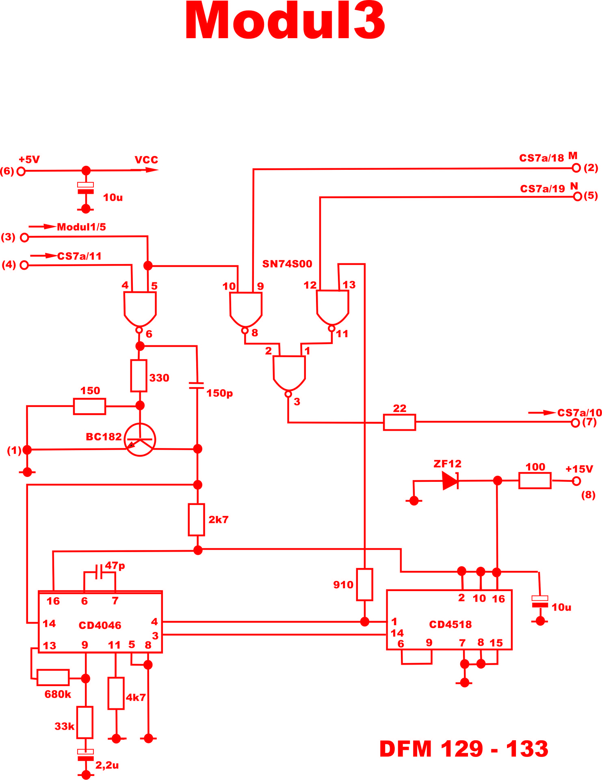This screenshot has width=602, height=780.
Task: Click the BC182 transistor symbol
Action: (140, 440)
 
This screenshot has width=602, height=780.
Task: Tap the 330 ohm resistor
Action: (139, 376)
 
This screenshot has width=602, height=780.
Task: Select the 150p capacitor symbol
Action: (197, 386)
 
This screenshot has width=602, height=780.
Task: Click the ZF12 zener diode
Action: (450, 481)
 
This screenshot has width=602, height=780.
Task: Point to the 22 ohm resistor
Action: (399, 422)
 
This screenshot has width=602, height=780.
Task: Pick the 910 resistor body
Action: (364, 585)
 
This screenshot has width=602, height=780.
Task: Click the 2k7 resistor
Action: (197, 520)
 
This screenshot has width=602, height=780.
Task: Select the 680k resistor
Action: (53, 678)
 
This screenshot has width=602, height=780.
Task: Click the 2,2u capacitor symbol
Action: (85, 755)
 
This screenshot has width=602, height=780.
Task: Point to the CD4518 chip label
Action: (450, 624)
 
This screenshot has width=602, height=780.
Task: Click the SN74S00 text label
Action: (287, 264)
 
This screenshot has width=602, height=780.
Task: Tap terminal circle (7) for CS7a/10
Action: (575, 423)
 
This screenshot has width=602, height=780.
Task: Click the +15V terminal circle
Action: (576, 481)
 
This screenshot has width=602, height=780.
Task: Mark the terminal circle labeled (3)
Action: (24, 238)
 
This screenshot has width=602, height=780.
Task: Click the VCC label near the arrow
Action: (146, 160)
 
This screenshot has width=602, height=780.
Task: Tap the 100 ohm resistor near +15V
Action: (535, 481)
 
